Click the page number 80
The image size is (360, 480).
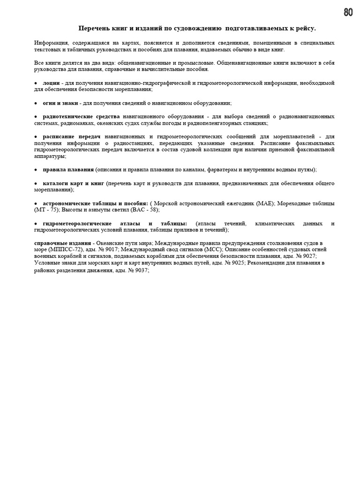click(348, 13)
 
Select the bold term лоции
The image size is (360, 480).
click(51, 83)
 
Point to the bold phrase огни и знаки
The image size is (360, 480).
click(60, 103)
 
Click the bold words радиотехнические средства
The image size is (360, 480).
click(81, 116)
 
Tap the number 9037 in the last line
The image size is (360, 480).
click(140, 270)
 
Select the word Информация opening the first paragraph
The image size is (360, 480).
click(52, 43)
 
